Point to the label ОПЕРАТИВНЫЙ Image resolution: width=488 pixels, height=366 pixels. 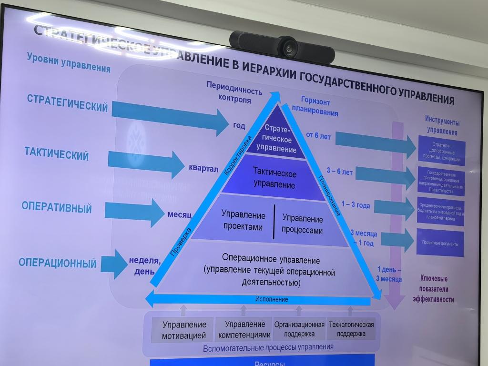(56, 208)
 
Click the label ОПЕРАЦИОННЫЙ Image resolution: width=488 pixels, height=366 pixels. (58, 263)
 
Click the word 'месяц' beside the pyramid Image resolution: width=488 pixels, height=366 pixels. (179, 215)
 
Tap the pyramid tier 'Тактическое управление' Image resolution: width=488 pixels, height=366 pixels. (274, 178)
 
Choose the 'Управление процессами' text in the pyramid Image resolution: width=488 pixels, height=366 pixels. (302, 224)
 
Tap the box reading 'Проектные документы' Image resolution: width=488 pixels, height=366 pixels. (440, 244)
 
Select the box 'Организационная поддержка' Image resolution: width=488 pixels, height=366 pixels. (299, 329)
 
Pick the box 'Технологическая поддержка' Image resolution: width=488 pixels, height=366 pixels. (351, 329)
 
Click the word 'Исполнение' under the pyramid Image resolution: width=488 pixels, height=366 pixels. (271, 299)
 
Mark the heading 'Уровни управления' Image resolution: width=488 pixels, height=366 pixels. (68, 63)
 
